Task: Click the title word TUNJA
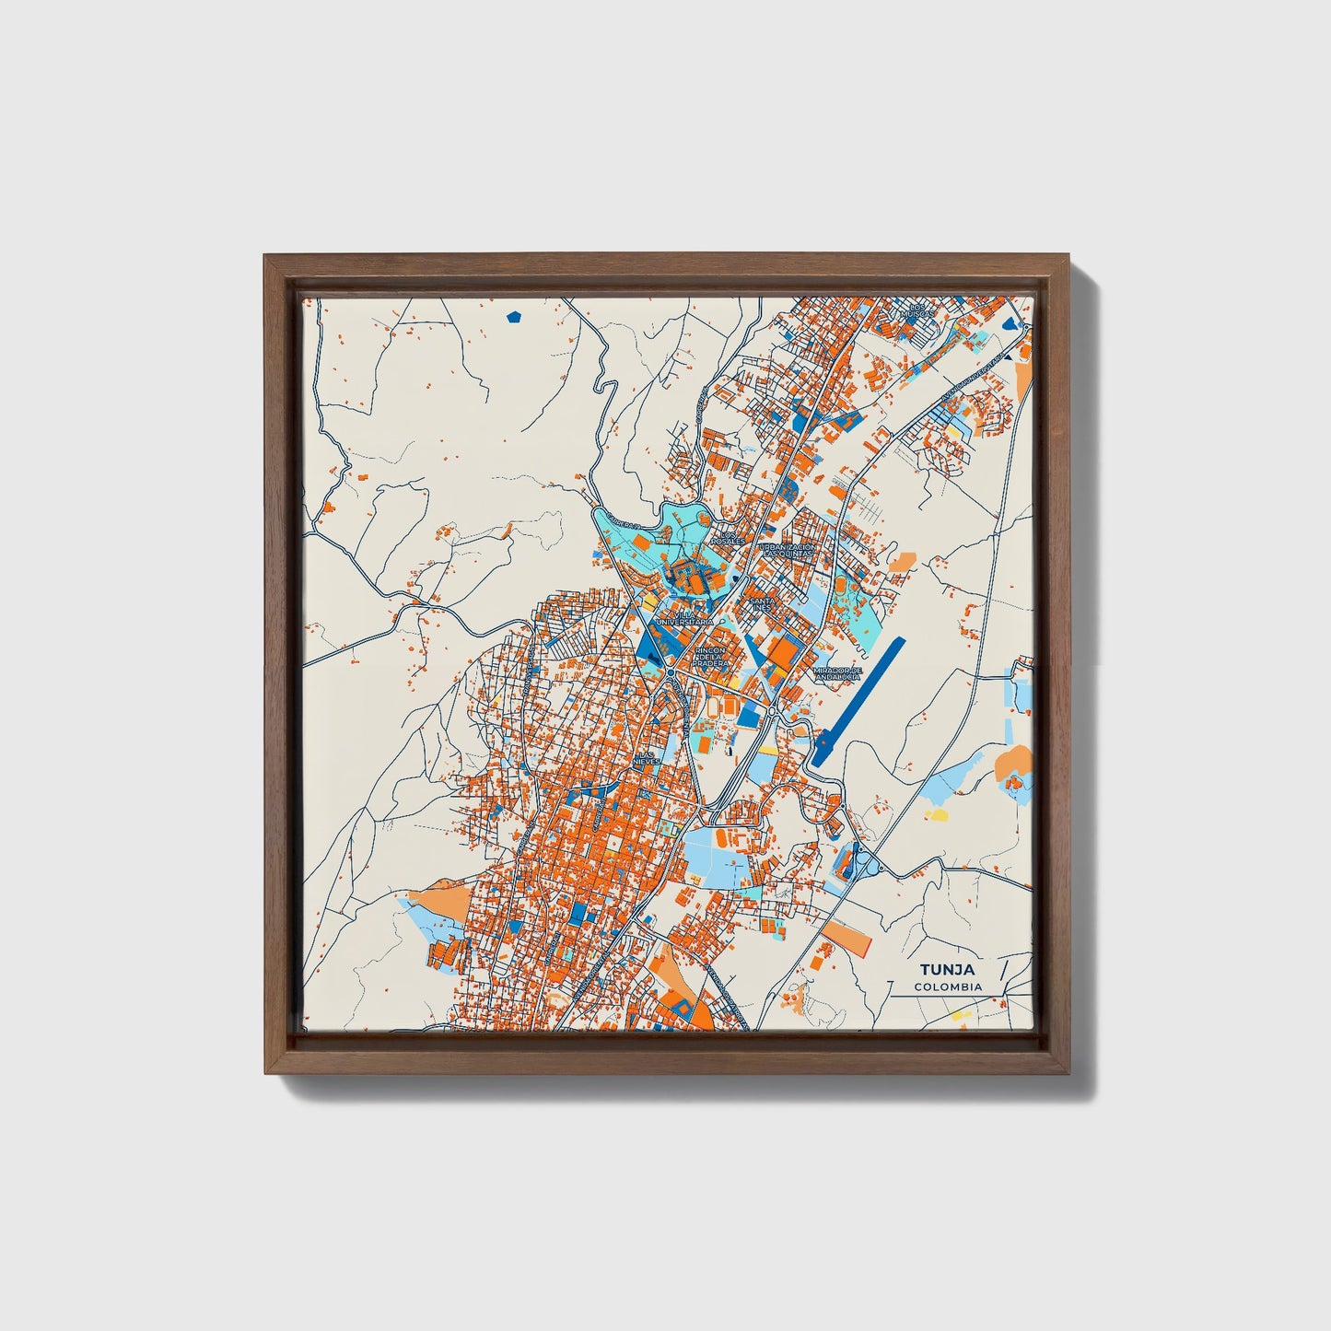tap(948, 970)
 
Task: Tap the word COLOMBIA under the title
tap(948, 987)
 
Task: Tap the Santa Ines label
tap(764, 603)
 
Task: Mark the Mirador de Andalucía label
tap(836, 673)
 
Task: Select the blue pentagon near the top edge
tap(514, 318)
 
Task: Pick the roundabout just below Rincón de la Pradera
tap(670, 674)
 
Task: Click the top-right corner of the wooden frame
tap(1068, 257)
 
